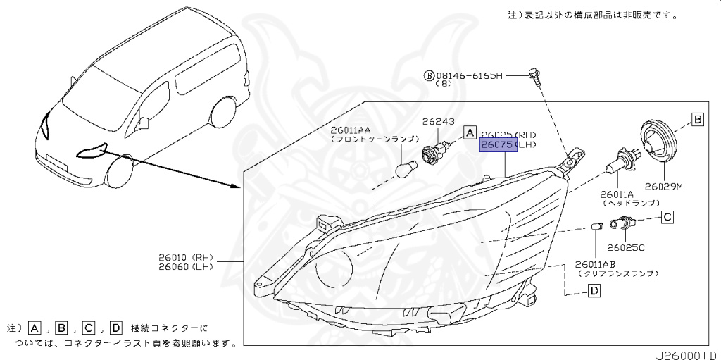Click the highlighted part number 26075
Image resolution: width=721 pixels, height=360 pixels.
pyautogui.click(x=497, y=145)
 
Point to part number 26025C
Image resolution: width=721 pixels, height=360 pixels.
pyautogui.click(x=626, y=247)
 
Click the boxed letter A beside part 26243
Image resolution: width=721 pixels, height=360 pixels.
pyautogui.click(x=470, y=131)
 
